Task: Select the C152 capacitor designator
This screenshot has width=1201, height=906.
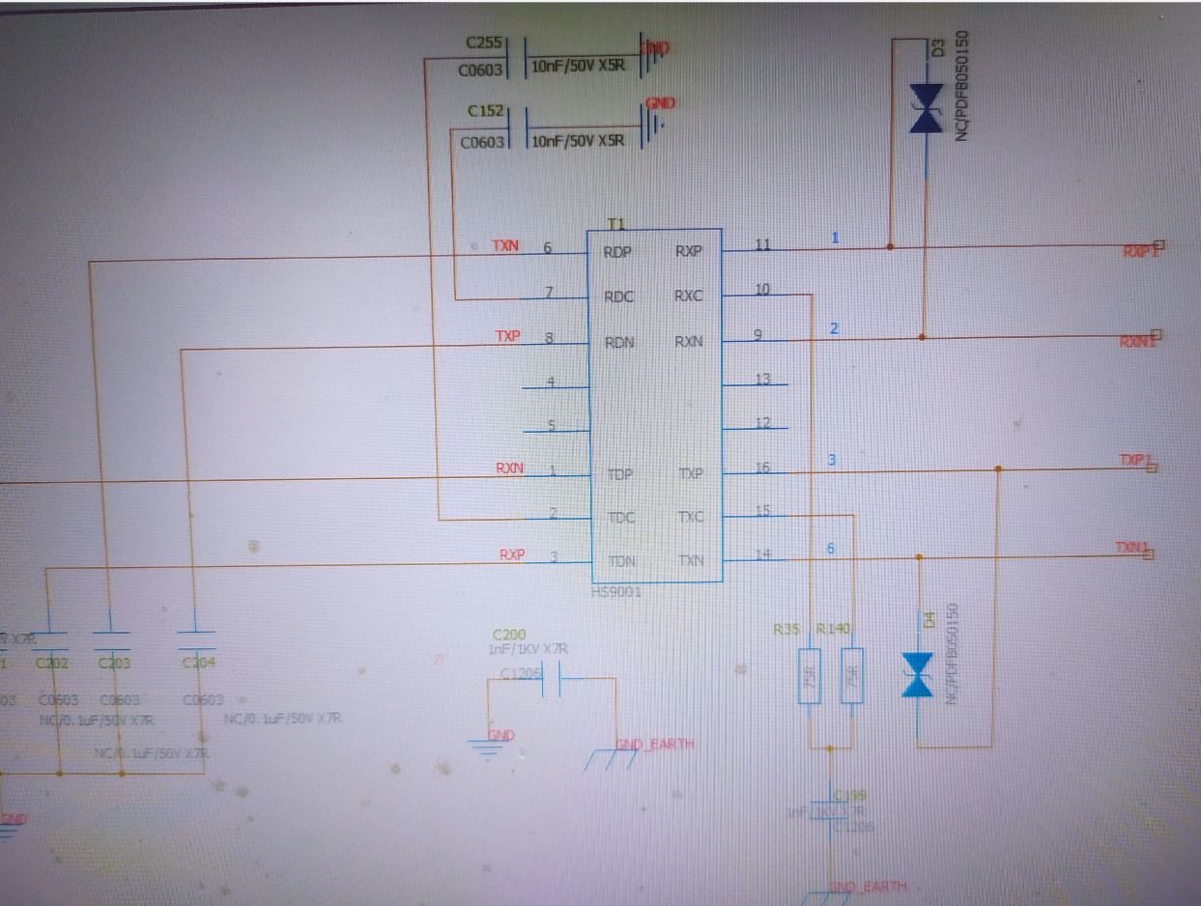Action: click(x=485, y=112)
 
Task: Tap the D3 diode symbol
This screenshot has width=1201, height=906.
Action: click(x=926, y=108)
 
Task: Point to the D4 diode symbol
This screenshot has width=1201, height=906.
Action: click(x=916, y=674)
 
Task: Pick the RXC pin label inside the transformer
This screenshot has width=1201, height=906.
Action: click(x=689, y=296)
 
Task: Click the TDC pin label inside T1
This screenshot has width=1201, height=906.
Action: click(x=621, y=518)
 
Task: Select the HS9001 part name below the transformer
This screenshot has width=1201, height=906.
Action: click(x=616, y=592)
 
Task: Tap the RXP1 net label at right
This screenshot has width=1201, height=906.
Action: click(x=1140, y=251)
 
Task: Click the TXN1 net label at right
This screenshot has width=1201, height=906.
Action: click(x=1132, y=549)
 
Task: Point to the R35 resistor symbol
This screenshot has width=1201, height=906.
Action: click(x=811, y=676)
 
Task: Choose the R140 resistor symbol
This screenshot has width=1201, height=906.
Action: click(x=851, y=676)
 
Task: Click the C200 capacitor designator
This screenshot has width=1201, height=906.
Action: click(x=509, y=635)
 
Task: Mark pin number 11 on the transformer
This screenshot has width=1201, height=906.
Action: click(x=763, y=245)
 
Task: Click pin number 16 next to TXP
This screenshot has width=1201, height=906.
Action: click(x=763, y=468)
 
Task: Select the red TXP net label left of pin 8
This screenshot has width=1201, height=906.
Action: click(x=508, y=336)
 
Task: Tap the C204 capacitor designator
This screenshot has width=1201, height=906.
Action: click(x=197, y=664)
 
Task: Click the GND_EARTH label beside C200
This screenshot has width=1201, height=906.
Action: click(x=654, y=744)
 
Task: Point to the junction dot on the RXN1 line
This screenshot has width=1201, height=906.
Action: click(x=922, y=337)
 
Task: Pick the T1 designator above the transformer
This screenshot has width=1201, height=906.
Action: click(x=615, y=223)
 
